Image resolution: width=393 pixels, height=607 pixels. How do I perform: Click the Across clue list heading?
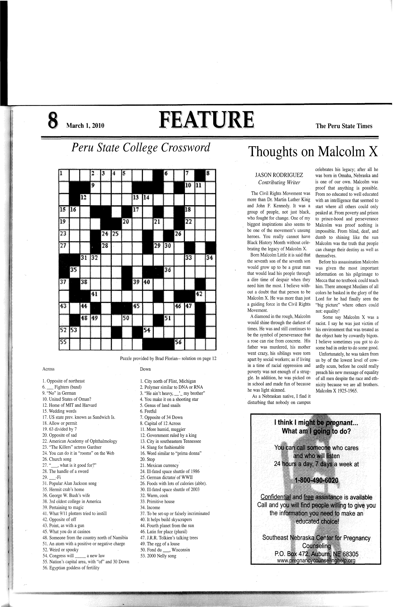coord(48,369)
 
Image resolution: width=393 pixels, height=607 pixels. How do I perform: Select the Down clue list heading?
coord(145,369)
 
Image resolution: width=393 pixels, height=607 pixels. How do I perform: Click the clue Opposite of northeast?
coord(64,381)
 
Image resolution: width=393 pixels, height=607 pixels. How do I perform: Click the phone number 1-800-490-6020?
coord(316,480)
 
